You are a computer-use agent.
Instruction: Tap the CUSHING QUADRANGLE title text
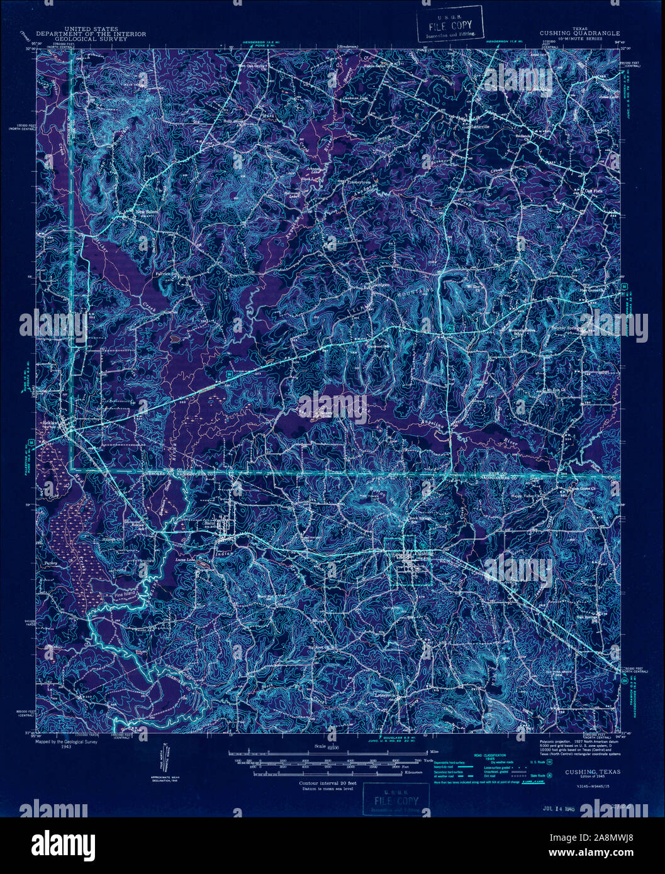(579, 33)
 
